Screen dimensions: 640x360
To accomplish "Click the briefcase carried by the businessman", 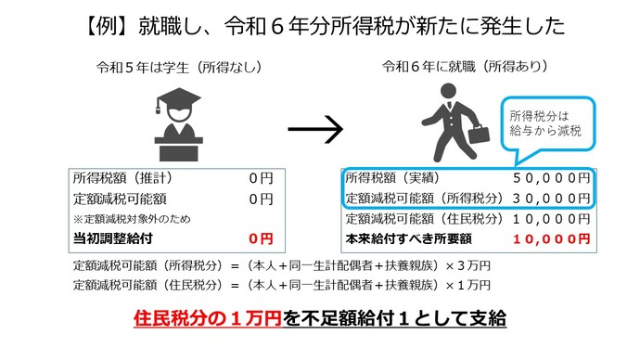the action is tap(477, 138).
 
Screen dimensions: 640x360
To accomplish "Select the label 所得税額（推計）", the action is tap(122, 177).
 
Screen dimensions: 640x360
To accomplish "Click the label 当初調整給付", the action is tap(112, 238).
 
